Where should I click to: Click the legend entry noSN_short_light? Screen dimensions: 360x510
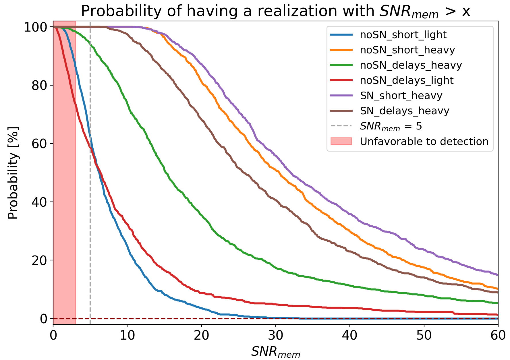pyautogui.click(x=403, y=35)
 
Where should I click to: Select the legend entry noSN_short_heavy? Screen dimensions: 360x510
pyautogui.click(x=407, y=50)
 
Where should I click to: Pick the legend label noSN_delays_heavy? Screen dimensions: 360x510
pyautogui.click(x=411, y=65)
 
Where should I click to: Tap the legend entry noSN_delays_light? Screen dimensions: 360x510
pyautogui.click(x=407, y=80)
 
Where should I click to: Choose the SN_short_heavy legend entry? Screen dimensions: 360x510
pyautogui.click(x=401, y=96)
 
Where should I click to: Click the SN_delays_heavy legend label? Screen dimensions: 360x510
pyautogui.click(x=404, y=111)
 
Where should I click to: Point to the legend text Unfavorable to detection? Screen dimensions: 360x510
pyautogui.click(x=424, y=142)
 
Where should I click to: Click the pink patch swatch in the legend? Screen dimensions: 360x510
pyautogui.click(x=341, y=142)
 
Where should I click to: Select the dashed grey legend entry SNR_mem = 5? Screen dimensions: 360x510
pyautogui.click(x=391, y=126)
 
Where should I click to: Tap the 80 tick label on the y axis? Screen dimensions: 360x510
pyautogui.click(x=39, y=85)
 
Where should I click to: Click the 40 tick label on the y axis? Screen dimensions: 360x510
pyautogui.click(x=39, y=202)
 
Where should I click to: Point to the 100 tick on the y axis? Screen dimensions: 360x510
pyautogui.click(x=36, y=27)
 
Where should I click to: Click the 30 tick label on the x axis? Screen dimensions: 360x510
pyautogui.click(x=276, y=335)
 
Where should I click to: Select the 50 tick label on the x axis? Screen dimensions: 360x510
pyautogui.click(x=424, y=335)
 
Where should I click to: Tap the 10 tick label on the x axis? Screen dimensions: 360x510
pyautogui.click(x=127, y=335)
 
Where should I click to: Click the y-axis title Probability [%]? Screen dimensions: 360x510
pyautogui.click(x=13, y=173)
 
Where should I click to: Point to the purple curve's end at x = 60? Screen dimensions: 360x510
pyautogui.click(x=497, y=275)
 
